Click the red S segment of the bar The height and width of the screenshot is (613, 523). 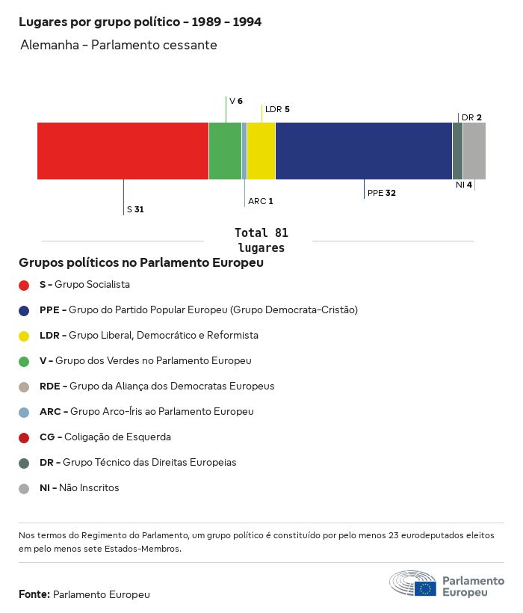[x=123, y=151]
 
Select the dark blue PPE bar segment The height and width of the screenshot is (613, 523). [x=364, y=151]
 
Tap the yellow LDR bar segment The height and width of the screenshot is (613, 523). [x=261, y=151]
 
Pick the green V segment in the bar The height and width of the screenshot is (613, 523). [x=225, y=151]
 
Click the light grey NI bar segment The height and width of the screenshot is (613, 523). [x=474, y=151]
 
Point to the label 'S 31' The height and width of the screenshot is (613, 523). [x=135, y=209]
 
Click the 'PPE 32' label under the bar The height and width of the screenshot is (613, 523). [x=381, y=193]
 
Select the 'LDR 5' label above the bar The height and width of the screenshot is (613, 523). [x=277, y=109]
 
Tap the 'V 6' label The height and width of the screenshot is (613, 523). [x=236, y=101]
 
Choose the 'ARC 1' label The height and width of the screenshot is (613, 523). [x=261, y=201]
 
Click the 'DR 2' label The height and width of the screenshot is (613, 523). [x=471, y=117]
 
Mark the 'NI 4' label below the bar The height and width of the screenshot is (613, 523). [x=464, y=185]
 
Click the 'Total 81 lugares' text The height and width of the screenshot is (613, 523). [x=261, y=240]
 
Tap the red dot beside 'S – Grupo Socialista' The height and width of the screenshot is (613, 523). [x=24, y=285]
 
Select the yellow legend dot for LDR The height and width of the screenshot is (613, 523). [x=24, y=336]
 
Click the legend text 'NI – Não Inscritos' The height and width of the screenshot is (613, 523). [x=79, y=488]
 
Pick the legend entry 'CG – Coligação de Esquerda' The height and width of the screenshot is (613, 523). [x=105, y=437]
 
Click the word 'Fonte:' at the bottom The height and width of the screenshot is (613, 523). [x=34, y=594]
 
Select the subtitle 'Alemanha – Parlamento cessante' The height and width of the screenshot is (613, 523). [x=119, y=45]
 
